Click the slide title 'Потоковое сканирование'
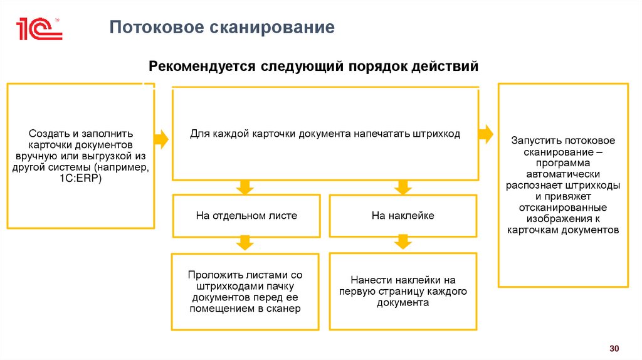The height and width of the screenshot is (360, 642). pyautogui.click(x=223, y=28)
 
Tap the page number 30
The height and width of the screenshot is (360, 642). pyautogui.click(x=614, y=348)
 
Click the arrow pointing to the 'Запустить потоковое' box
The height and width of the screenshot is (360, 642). pyautogui.click(x=486, y=134)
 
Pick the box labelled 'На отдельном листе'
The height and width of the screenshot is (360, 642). pyautogui.click(x=246, y=216)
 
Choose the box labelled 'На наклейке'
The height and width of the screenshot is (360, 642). pyautogui.click(x=403, y=216)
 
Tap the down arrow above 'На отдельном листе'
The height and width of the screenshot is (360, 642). pyautogui.click(x=245, y=186)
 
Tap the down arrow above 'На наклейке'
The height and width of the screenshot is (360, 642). pyautogui.click(x=402, y=186)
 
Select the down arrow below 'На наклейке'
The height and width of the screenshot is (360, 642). pyautogui.click(x=402, y=242)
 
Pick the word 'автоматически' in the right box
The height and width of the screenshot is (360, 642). pyautogui.click(x=563, y=174)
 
